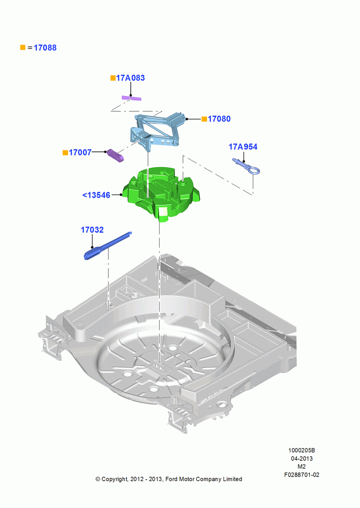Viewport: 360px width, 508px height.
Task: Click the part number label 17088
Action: pyautogui.click(x=45, y=48)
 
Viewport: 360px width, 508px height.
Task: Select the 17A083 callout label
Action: pyautogui.click(x=130, y=78)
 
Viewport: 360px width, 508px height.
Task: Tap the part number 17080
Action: pyautogui.click(x=219, y=119)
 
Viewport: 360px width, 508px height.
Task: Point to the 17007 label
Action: pyautogui.click(x=80, y=152)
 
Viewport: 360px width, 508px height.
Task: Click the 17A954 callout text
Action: pyautogui.click(x=243, y=147)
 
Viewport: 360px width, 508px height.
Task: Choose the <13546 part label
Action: pyautogui.click(x=96, y=195)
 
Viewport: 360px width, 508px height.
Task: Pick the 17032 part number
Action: pyautogui.click(x=92, y=230)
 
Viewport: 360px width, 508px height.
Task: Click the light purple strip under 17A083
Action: pyautogui.click(x=131, y=98)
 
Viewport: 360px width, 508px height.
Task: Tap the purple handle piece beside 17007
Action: pyautogui.click(x=115, y=155)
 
